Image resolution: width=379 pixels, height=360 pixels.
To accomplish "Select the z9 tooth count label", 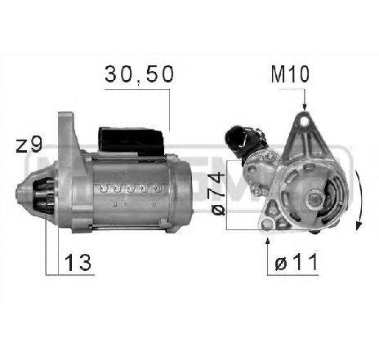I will pos(29,147).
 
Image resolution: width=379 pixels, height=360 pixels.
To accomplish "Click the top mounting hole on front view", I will pos(303,122).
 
